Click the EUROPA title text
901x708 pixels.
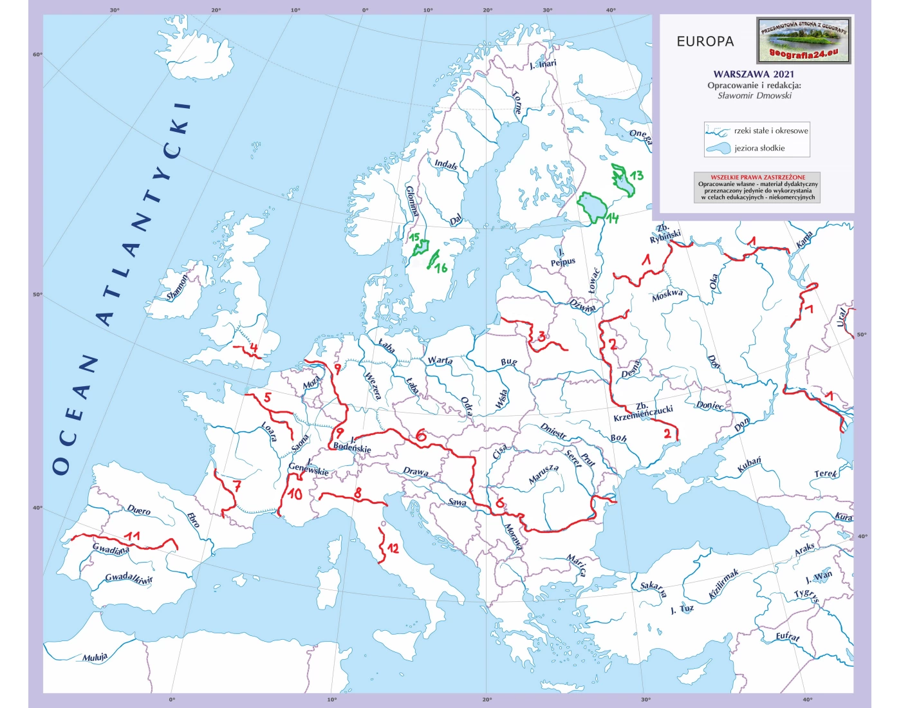pos(705,42)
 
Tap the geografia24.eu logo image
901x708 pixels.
pos(804,41)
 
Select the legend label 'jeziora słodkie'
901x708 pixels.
pos(759,148)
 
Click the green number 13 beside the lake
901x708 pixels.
pos(636,175)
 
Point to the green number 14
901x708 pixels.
pos(611,219)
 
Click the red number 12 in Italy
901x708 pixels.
pos(392,548)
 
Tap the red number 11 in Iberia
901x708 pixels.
pos(133,536)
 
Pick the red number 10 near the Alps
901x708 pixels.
pos(295,494)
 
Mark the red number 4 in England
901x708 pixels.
pos(254,348)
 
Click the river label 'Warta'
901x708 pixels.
pos(440,360)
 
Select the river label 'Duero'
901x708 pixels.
pos(139,510)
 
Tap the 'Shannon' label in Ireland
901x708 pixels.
pos(178,287)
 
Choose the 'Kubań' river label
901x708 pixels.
pos(749,464)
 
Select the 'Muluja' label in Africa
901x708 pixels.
pos(95,657)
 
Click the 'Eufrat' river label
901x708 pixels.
pos(788,637)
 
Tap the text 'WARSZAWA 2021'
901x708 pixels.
pos(754,74)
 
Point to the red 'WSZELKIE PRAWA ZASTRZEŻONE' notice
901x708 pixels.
pos(757,177)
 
